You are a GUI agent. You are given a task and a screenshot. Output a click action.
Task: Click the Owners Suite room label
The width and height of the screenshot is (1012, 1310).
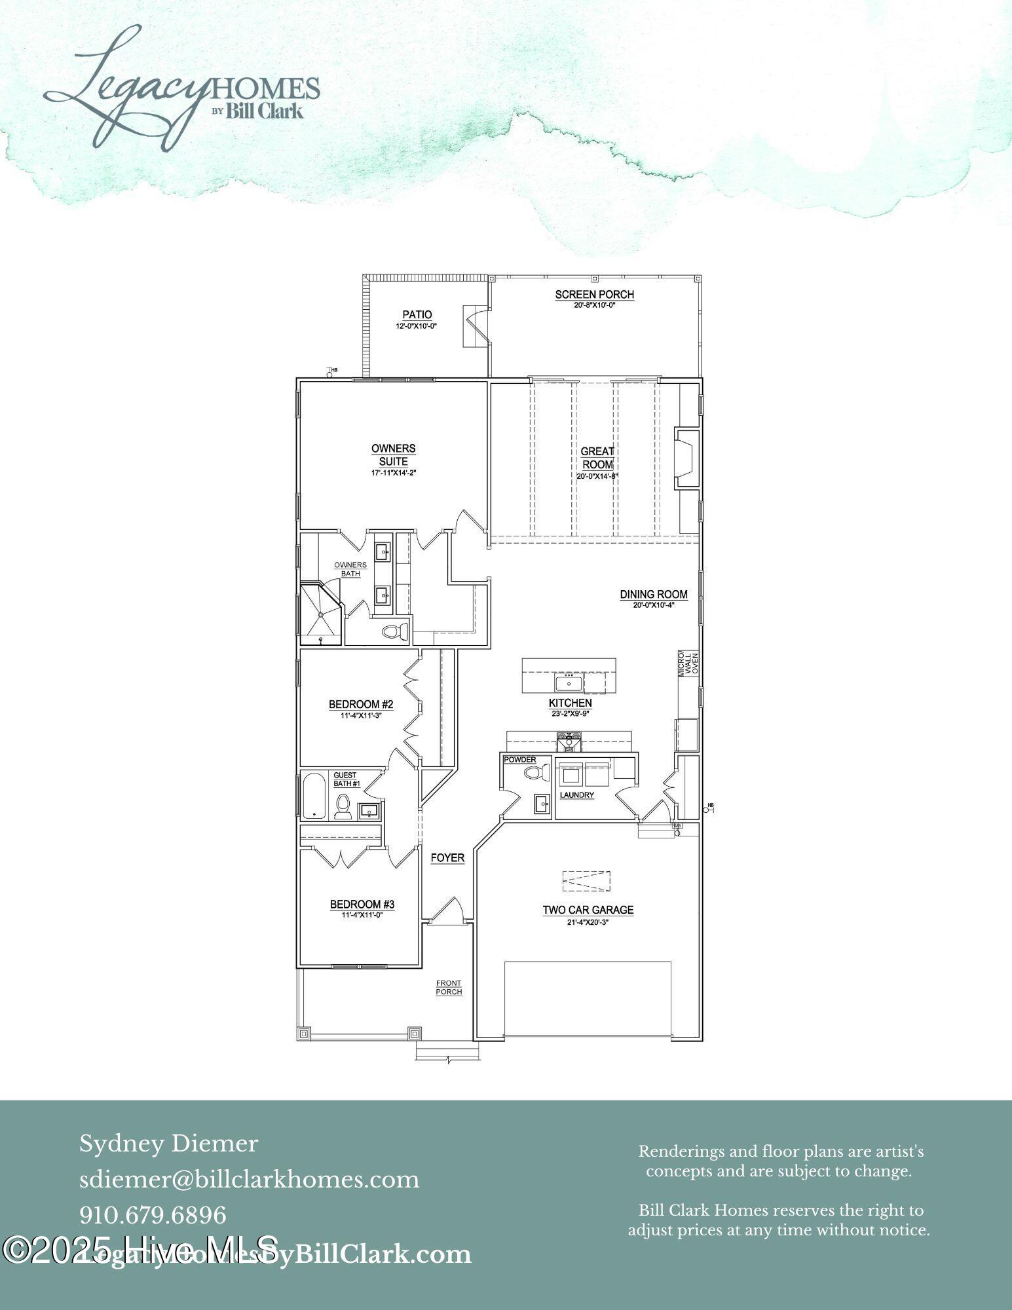pyautogui.click(x=393, y=455)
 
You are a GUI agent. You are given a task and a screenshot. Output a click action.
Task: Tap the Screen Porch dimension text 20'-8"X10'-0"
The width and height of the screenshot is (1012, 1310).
pyautogui.click(x=594, y=305)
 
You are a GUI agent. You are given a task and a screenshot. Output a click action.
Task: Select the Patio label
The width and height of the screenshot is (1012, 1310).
pyautogui.click(x=417, y=315)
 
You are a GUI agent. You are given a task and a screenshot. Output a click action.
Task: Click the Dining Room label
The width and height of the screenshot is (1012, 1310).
pyautogui.click(x=653, y=594)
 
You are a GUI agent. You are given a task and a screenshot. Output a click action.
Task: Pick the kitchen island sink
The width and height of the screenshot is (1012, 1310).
pyautogui.click(x=567, y=683)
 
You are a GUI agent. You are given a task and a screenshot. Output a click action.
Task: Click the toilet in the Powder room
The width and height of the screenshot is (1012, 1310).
pyautogui.click(x=536, y=773)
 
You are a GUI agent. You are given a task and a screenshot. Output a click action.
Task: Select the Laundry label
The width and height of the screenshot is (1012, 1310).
pyautogui.click(x=576, y=795)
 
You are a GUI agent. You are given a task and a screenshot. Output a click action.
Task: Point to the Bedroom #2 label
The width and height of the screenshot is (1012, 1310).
pyautogui.click(x=360, y=704)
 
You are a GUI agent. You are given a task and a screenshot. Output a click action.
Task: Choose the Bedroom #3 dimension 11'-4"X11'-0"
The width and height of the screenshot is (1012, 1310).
pyautogui.click(x=361, y=915)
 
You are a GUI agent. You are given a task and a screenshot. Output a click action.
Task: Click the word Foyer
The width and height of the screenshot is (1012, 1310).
pyautogui.click(x=447, y=857)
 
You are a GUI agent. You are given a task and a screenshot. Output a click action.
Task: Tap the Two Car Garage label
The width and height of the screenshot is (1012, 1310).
pyautogui.click(x=588, y=909)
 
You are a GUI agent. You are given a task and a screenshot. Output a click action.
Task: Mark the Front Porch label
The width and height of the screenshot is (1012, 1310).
pyautogui.click(x=449, y=987)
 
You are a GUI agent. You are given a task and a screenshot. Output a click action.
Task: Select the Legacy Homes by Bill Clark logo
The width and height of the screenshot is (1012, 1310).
pyautogui.click(x=181, y=88)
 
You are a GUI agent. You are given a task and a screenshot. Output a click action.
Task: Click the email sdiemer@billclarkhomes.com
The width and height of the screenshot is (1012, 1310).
pyautogui.click(x=249, y=1180)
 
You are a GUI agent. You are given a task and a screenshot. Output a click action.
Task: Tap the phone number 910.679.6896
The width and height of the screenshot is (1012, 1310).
pyautogui.click(x=153, y=1215)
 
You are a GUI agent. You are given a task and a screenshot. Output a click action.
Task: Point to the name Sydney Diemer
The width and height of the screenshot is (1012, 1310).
pyautogui.click(x=168, y=1144)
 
